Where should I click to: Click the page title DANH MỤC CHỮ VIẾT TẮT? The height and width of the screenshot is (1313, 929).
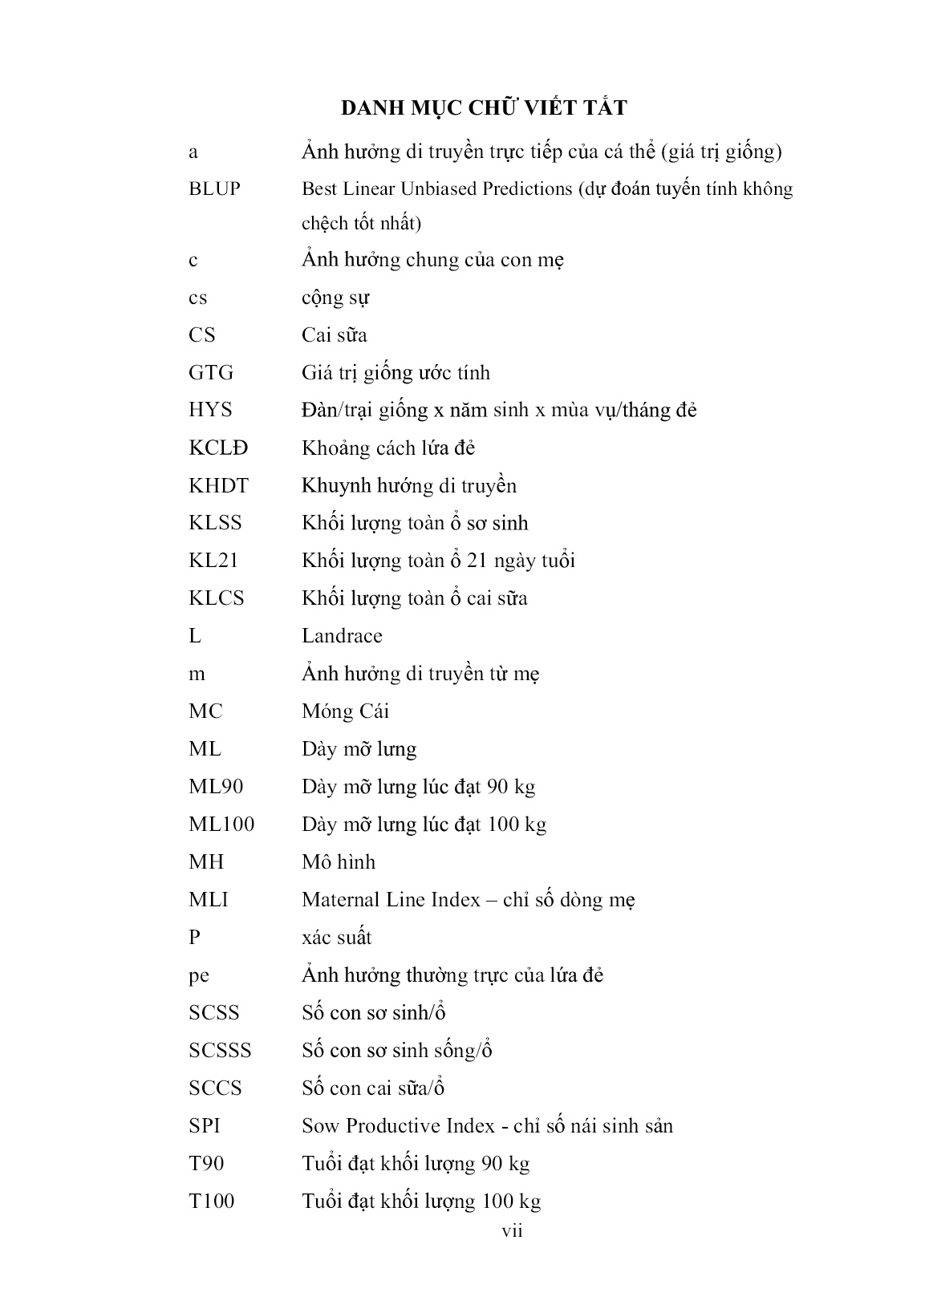(x=484, y=107)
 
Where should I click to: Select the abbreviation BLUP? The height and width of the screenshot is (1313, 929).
(x=214, y=189)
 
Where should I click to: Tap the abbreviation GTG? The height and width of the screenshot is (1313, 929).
(x=211, y=373)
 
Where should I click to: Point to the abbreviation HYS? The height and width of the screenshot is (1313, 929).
(x=210, y=410)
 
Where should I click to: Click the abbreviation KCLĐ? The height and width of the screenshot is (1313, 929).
(x=218, y=448)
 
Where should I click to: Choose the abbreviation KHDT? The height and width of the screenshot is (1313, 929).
(x=218, y=485)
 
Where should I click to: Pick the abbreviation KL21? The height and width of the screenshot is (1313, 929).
(x=213, y=561)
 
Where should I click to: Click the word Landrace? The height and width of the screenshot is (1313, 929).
(x=342, y=636)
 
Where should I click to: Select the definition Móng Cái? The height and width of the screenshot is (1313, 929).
(x=345, y=711)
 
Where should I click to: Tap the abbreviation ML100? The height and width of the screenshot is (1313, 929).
(x=221, y=825)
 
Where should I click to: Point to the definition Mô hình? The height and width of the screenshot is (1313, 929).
(x=339, y=862)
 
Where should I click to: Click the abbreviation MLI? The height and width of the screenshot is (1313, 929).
(x=209, y=900)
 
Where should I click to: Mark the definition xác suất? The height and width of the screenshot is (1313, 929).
(x=337, y=938)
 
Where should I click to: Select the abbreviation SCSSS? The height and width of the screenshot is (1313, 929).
(x=220, y=1051)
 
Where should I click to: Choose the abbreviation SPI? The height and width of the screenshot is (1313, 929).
(x=205, y=1126)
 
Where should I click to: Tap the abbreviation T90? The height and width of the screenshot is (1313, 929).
(x=206, y=1164)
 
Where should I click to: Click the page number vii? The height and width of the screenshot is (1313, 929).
(x=512, y=1231)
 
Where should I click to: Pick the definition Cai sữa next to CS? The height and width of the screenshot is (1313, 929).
(x=334, y=335)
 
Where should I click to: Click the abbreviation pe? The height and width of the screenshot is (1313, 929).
(x=199, y=976)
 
